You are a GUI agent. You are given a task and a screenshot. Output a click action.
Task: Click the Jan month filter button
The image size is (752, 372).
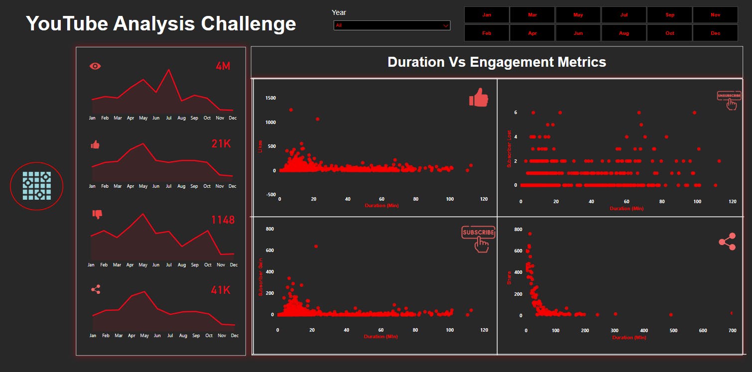[487, 15]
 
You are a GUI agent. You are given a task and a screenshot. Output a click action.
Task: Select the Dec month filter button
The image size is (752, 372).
[715, 33]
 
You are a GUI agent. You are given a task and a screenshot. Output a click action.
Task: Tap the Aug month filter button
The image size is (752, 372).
[624, 33]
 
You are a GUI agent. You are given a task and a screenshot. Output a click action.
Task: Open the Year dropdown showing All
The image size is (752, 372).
[392, 25]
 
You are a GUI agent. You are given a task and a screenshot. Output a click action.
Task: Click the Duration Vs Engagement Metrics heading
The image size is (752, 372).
[497, 62]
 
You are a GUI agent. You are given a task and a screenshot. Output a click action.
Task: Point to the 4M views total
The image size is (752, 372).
[223, 66]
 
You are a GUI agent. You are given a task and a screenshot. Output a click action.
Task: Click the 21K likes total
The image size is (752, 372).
[221, 144]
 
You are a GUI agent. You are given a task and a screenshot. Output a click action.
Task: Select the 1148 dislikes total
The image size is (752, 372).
[223, 220]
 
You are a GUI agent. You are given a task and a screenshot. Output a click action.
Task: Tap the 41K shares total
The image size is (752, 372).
[221, 290]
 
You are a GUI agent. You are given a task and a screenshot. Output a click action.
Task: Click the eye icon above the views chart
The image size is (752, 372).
[95, 66]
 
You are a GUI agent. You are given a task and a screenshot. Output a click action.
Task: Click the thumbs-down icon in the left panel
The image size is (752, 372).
[97, 214]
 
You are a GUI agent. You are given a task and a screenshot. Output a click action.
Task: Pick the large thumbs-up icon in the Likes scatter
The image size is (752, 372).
[479, 98]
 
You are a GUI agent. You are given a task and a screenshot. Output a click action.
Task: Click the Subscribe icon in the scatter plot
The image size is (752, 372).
[479, 239]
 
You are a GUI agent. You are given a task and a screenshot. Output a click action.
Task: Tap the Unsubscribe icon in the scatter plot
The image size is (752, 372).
[729, 100]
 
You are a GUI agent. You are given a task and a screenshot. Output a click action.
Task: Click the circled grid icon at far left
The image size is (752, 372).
[37, 186]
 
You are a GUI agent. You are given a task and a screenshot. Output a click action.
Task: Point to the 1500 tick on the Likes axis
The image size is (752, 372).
[270, 98]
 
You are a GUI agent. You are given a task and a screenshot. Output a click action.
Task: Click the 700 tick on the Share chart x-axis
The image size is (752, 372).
[732, 331]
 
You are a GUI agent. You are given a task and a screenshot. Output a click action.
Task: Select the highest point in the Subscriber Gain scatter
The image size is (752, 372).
[316, 247]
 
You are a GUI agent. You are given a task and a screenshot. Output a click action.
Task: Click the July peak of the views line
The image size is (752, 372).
[169, 70]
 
